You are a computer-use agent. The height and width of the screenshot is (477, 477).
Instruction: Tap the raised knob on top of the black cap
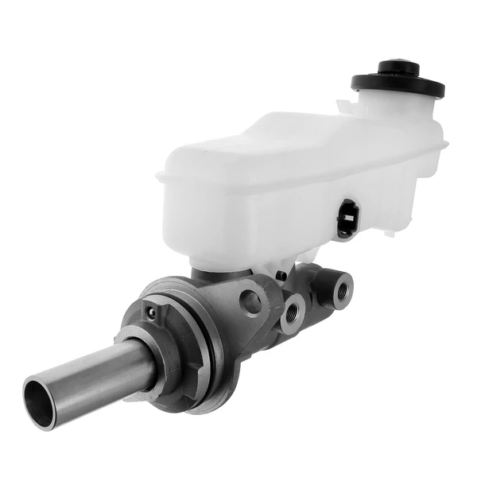coord(397,68)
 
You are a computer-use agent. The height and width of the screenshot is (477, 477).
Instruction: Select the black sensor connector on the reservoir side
coord(347,219)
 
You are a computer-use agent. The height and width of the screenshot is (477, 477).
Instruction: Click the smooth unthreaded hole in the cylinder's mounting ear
coord(253,301)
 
